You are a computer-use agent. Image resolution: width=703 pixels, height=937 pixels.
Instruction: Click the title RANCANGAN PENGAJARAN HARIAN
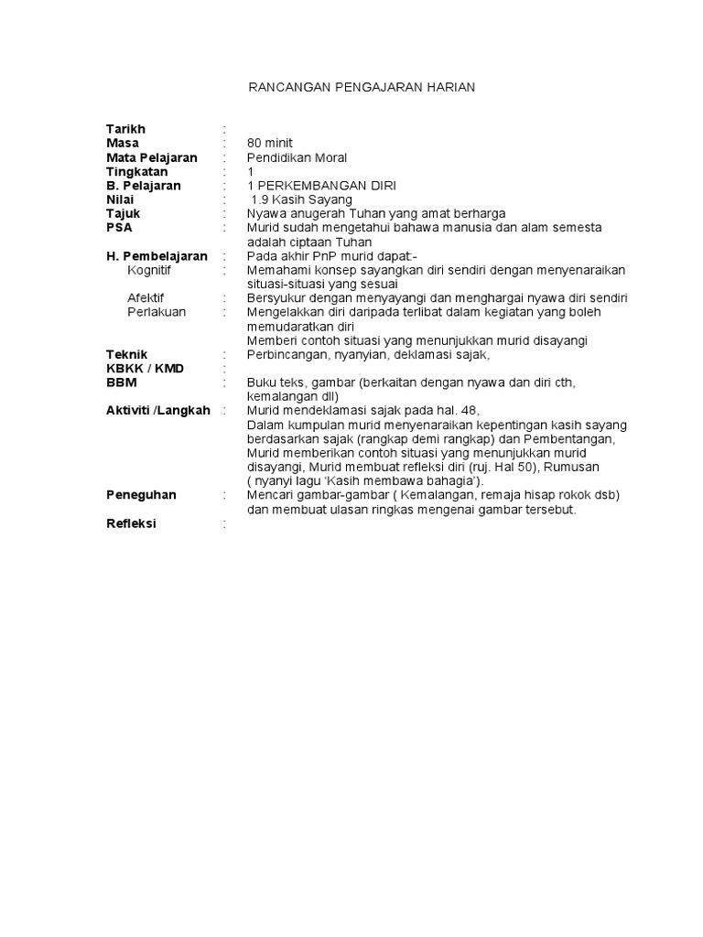tap(362, 87)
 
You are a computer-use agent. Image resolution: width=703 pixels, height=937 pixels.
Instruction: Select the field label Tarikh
tap(125, 129)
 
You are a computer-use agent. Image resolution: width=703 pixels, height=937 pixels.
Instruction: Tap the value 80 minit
tap(270, 144)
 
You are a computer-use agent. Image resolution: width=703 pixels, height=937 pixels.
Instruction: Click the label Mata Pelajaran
tap(151, 157)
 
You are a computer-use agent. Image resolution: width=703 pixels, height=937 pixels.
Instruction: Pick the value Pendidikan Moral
tap(297, 157)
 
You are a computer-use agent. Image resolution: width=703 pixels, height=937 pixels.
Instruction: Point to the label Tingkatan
tap(138, 171)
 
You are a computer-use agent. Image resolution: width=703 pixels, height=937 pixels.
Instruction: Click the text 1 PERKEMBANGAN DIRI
tap(321, 186)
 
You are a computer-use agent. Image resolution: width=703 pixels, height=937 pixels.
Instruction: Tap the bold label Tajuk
tap(123, 213)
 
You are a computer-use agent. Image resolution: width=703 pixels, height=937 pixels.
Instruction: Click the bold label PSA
tap(119, 228)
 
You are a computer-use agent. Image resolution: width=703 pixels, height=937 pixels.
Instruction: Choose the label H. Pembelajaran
tap(157, 256)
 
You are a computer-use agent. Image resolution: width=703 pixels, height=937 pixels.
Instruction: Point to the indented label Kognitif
tap(149, 270)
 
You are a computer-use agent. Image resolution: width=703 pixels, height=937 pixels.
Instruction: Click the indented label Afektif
tap(146, 298)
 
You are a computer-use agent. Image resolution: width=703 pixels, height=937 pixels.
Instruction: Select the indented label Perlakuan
tap(157, 312)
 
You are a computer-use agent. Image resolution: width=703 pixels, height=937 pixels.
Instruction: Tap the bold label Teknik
tap(126, 354)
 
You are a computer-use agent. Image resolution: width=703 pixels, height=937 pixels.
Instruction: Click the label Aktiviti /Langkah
tap(157, 410)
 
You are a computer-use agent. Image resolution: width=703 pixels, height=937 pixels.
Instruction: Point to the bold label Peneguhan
tap(141, 495)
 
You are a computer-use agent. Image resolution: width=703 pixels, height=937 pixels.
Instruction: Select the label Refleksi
tap(131, 523)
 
